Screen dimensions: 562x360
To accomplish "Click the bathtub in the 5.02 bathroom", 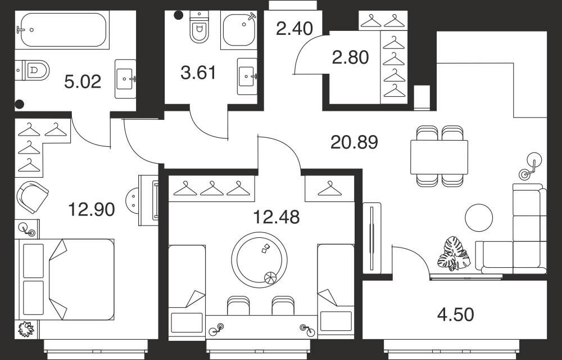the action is click(x=62, y=30).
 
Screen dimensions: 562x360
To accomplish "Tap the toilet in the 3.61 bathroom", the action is click(x=200, y=27).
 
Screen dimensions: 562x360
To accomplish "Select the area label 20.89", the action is click(x=354, y=142).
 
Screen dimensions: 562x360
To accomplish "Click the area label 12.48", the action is click(x=277, y=217).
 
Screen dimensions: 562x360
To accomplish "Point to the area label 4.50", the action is click(x=456, y=314).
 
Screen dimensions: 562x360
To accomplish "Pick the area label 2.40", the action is click(x=294, y=29).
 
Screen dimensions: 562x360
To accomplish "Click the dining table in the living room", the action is click(x=439, y=157).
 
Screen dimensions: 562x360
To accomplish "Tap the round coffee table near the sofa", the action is click(x=479, y=218).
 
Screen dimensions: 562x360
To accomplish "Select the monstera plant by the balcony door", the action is click(x=454, y=254).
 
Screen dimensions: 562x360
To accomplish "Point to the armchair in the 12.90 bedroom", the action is click(x=32, y=197).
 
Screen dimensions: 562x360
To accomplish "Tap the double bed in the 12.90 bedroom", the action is click(x=65, y=280).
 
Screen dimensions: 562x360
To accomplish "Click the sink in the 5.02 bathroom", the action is click(x=125, y=79).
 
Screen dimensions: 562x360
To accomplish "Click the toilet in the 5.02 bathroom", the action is click(x=32, y=70).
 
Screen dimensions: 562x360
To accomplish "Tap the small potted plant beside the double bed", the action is click(x=26, y=329).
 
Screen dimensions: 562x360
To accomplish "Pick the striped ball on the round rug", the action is click(x=270, y=278).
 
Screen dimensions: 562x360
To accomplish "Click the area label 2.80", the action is click(x=350, y=57).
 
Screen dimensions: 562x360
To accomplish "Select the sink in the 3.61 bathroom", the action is click(x=247, y=76).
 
